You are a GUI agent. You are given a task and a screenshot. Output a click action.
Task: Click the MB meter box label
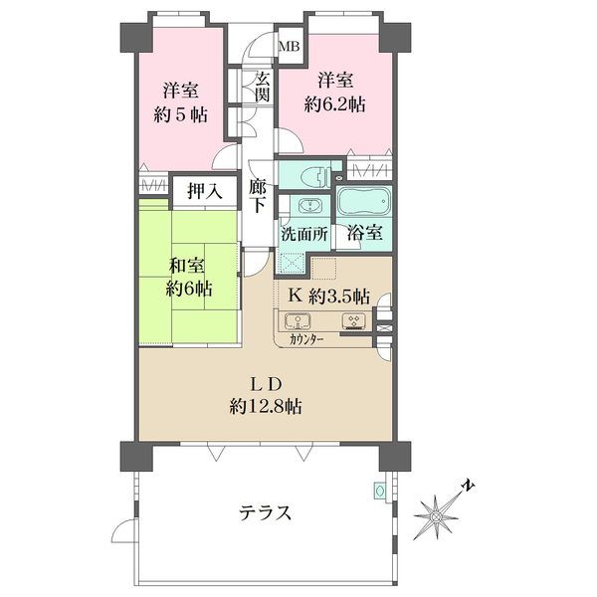point(290,47)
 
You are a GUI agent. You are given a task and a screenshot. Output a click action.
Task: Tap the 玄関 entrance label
point(263,88)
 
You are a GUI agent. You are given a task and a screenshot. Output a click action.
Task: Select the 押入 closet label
point(204,191)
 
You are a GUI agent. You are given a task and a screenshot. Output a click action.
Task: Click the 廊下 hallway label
point(257,196)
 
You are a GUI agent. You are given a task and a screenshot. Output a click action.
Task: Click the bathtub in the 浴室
point(364,203)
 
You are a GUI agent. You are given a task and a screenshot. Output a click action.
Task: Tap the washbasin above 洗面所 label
point(309,206)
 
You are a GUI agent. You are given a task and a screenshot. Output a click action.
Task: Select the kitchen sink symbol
point(298,320)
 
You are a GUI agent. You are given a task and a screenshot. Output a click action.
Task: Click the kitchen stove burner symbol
point(353,320)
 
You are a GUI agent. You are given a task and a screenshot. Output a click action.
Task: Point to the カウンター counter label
point(305,339)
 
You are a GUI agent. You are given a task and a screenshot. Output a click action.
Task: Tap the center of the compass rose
point(436,516)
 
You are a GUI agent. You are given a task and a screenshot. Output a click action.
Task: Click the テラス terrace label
point(265,512)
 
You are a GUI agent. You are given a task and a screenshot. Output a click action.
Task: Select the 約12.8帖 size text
point(266,407)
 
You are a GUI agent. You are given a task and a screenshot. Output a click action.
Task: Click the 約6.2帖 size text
point(334,103)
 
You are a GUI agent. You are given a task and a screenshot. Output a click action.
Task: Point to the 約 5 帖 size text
point(181,114)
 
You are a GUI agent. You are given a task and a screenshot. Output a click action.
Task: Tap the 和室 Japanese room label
point(187,266)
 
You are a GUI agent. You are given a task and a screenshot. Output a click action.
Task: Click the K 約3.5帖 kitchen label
point(328,296)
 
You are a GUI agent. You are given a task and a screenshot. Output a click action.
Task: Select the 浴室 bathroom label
point(364,233)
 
